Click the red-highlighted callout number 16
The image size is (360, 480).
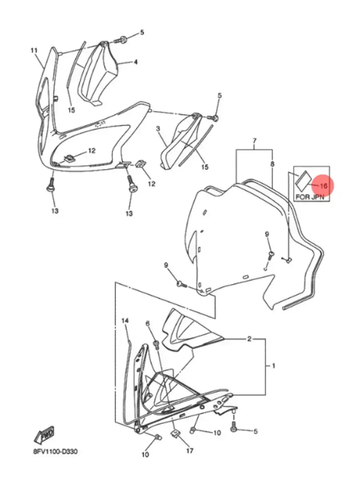click(324, 186)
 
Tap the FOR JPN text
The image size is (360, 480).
click(310, 197)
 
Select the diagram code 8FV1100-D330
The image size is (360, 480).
click(55, 451)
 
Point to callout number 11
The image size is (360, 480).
click(34, 50)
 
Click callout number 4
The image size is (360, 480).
click(136, 62)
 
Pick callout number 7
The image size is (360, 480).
click(254, 141)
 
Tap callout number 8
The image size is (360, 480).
click(272, 164)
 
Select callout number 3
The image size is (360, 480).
click(158, 128)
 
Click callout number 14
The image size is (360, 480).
click(125, 320)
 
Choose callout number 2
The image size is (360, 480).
click(249, 339)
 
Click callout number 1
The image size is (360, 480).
click(273, 366)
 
